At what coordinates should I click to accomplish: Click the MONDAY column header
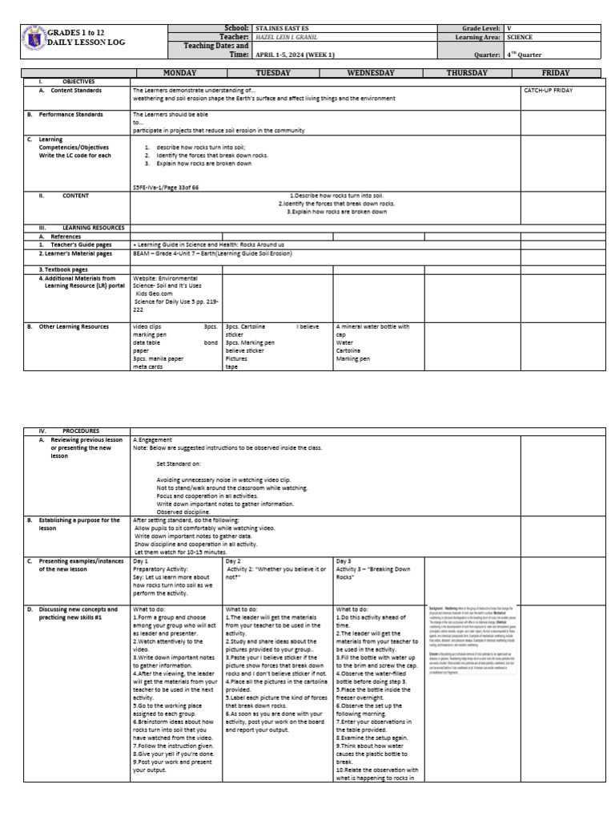tap(179, 73)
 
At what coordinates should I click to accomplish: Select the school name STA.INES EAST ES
tap(281, 28)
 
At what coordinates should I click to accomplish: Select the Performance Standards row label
tap(71, 115)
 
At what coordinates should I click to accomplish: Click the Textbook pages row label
tap(64, 269)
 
